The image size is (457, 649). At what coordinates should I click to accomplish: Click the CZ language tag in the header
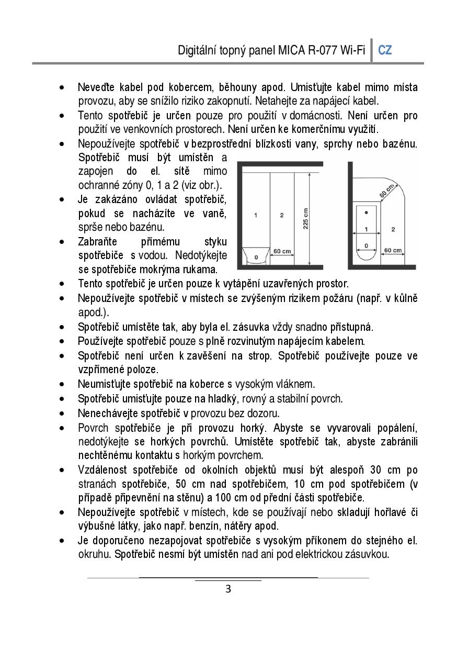click(385, 50)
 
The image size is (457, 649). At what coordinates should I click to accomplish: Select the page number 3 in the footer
click(228, 589)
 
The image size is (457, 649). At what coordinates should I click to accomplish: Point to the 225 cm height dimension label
click(305, 219)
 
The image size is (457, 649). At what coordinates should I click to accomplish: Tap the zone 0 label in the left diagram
click(256, 258)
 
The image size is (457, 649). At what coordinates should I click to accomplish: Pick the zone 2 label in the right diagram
click(393, 229)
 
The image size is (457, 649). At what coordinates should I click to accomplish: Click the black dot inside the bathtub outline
click(366, 212)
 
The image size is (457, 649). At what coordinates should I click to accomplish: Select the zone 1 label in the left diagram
click(255, 215)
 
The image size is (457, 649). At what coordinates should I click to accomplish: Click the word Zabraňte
click(97, 242)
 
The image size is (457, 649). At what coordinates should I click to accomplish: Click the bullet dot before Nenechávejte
click(63, 413)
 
